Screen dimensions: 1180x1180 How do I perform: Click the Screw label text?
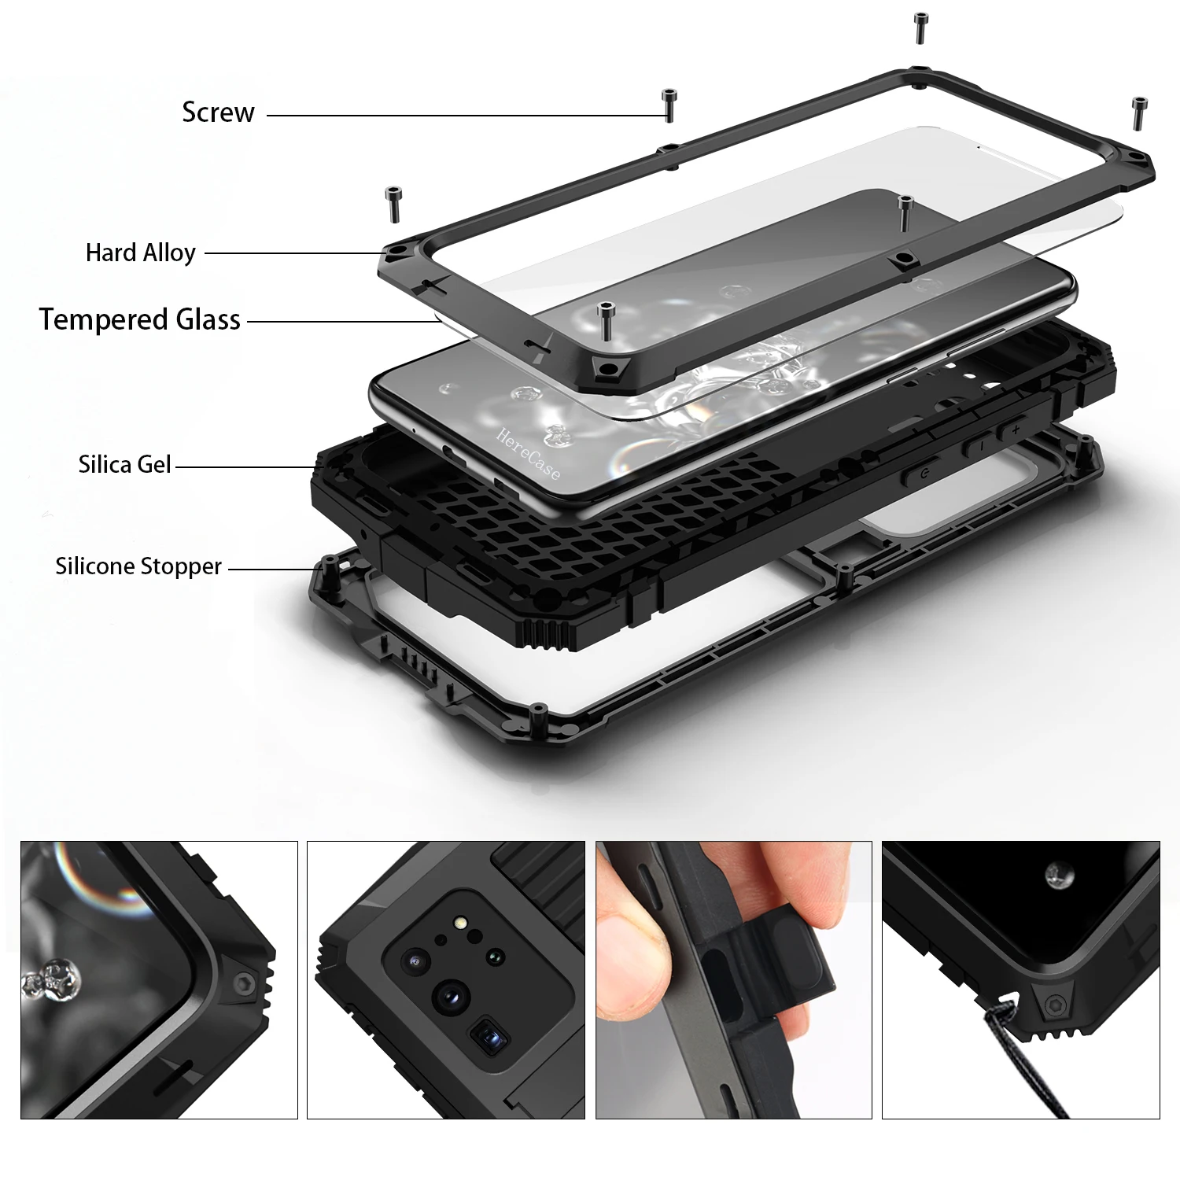tap(218, 112)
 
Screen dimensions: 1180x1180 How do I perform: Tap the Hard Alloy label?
tap(141, 253)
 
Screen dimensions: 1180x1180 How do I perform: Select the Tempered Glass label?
tap(140, 320)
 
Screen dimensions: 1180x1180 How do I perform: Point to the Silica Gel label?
tap(124, 465)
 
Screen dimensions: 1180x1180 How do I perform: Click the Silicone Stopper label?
tap(138, 566)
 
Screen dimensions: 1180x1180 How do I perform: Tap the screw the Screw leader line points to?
tap(669, 104)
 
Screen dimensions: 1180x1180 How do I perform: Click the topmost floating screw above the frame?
tap(920, 28)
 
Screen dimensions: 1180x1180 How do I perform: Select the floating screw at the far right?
tap(1138, 112)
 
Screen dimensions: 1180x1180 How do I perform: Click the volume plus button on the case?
tap(1015, 430)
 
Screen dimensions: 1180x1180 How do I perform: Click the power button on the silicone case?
tap(923, 473)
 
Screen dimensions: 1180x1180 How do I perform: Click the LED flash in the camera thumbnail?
tap(459, 923)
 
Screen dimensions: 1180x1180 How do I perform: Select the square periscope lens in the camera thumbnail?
tap(489, 1038)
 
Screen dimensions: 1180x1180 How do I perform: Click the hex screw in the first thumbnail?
tap(244, 982)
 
